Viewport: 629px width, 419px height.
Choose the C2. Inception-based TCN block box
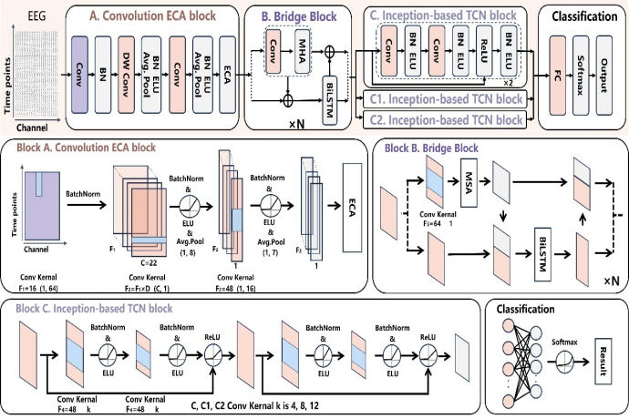[446, 119]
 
